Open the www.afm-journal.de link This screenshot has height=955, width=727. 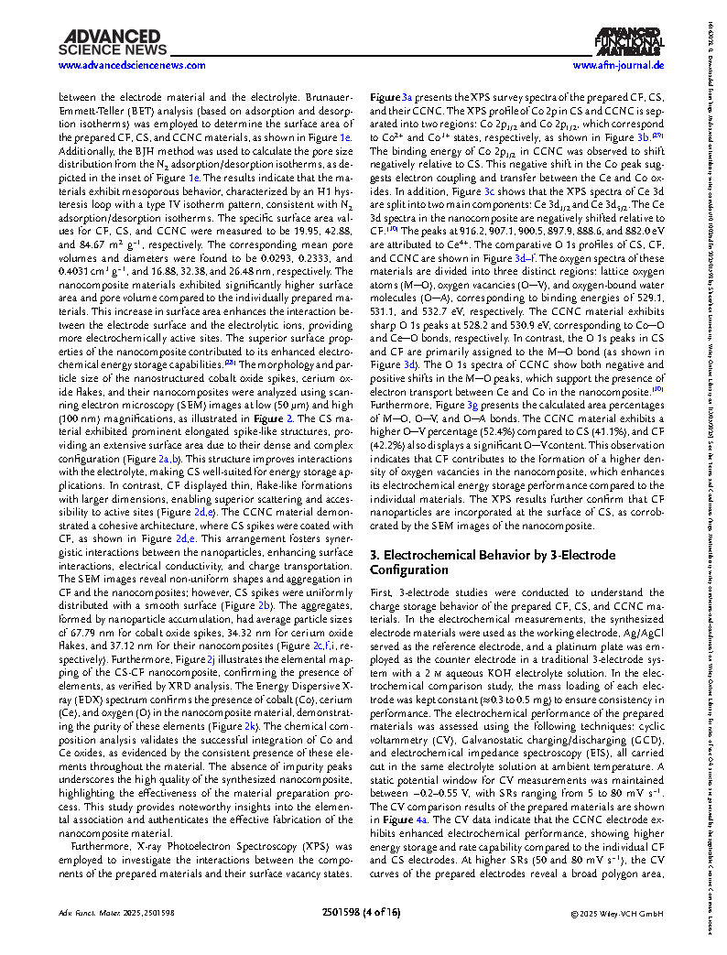click(618, 66)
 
